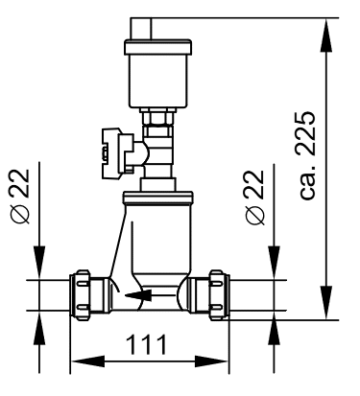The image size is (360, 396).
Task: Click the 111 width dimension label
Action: [x=146, y=344]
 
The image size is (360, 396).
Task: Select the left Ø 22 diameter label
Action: [x=20, y=197]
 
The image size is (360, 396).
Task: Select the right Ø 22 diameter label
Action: [x=255, y=198]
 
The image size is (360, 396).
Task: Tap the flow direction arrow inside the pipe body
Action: [x=138, y=295]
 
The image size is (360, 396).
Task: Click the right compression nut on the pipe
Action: [x=219, y=295]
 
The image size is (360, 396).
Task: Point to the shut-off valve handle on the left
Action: [x=117, y=152]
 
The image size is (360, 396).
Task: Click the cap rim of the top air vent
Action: [x=158, y=47]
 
